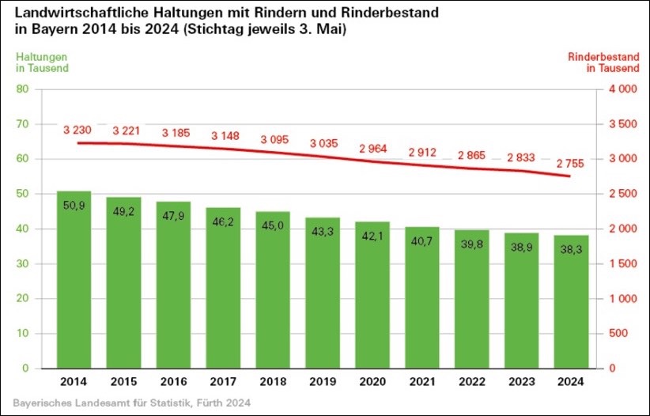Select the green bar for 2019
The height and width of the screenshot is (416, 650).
(x=322, y=293)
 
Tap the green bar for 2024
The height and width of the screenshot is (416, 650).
(x=570, y=301)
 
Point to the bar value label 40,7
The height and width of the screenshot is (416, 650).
(x=421, y=242)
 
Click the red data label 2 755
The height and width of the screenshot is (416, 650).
(x=570, y=163)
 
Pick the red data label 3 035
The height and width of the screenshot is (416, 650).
(x=322, y=143)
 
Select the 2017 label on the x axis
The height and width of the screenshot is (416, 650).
(x=223, y=382)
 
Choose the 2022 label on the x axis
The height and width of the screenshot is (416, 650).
(x=471, y=382)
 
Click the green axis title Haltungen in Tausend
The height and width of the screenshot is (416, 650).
(x=43, y=62)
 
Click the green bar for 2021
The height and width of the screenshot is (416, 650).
(x=421, y=297)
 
